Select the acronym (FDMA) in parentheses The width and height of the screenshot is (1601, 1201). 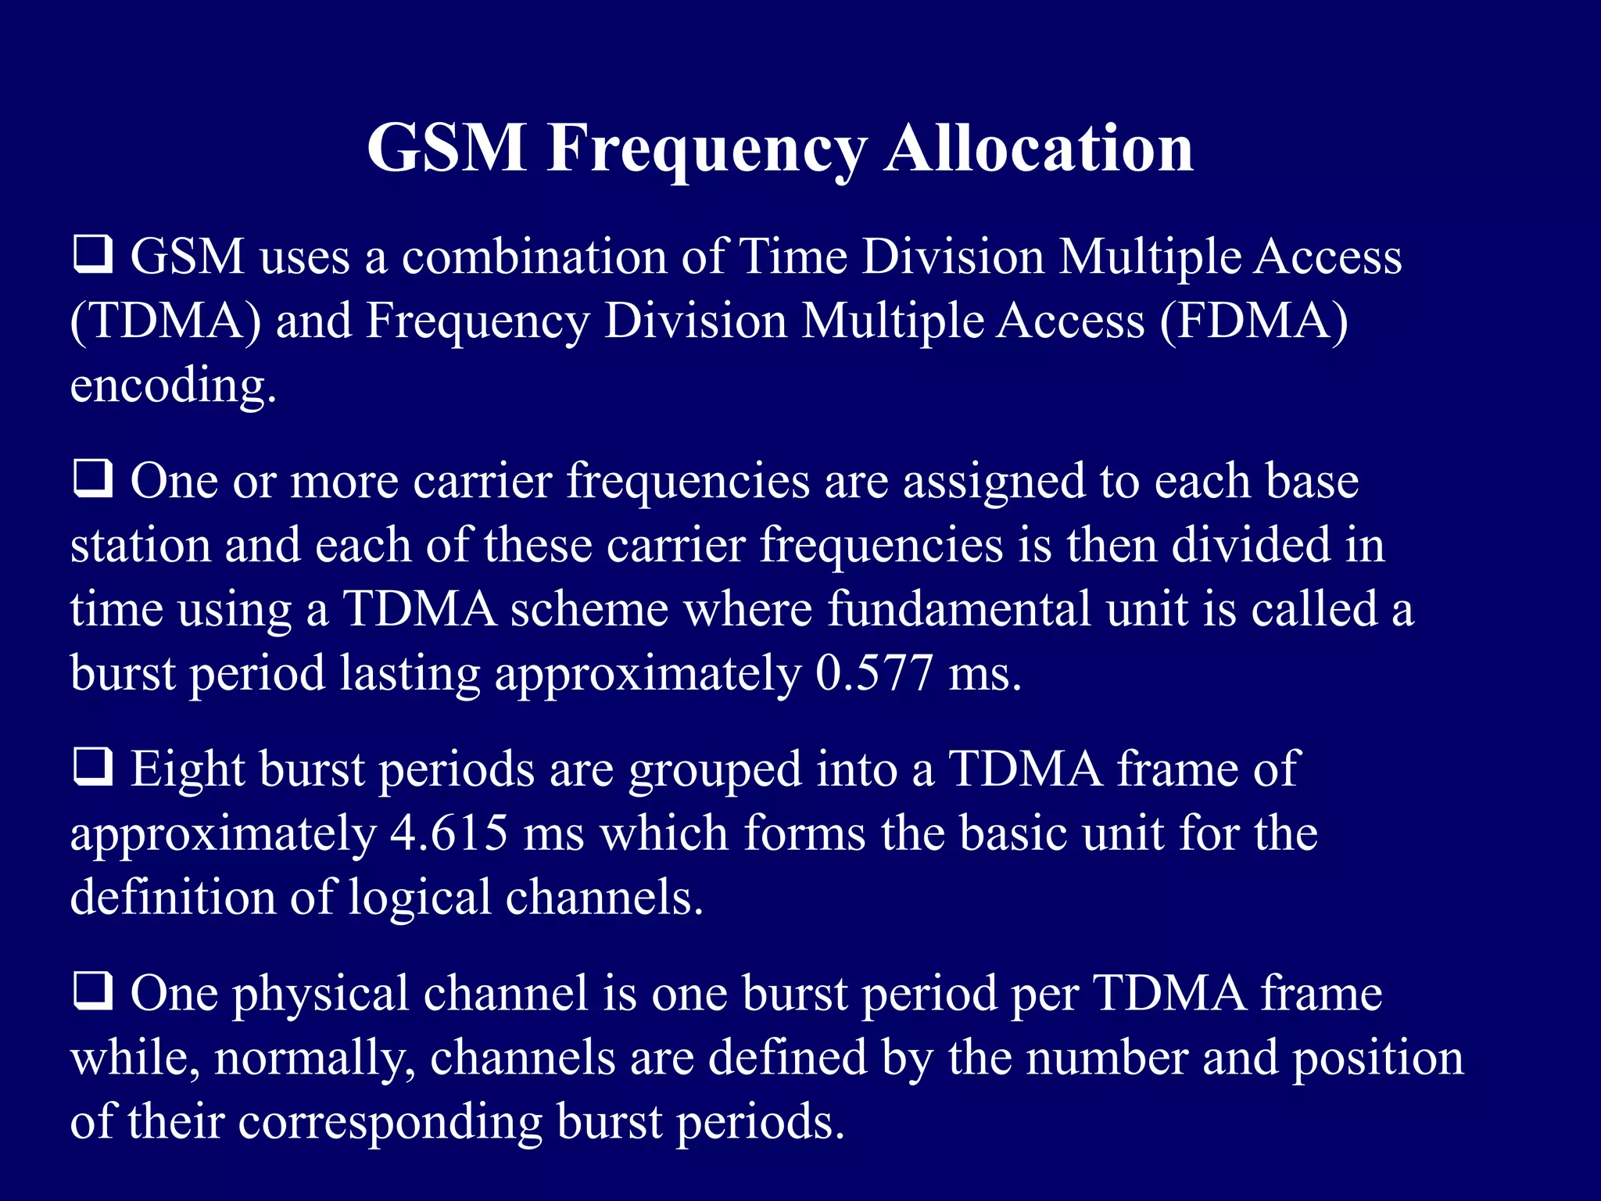pyautogui.click(x=1254, y=321)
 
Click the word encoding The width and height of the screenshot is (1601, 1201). pyautogui.click(x=173, y=386)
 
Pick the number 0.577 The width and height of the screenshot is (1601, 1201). pyautogui.click(x=874, y=673)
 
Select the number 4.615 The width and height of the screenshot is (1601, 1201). pyautogui.click(x=449, y=834)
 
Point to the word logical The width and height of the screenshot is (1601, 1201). pyautogui.click(x=420, y=898)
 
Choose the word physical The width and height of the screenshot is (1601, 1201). pyautogui.click(x=321, y=994)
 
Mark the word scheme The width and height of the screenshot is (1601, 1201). pyautogui.click(x=589, y=609)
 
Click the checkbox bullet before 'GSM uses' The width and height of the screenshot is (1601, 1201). pyautogui.click(x=93, y=256)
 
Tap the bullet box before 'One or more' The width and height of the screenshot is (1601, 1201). pyautogui.click(x=93, y=479)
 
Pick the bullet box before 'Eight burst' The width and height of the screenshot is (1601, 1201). pyautogui.click(x=93, y=768)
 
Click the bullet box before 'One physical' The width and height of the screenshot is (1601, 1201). pyautogui.click(x=93, y=992)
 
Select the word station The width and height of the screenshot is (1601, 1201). pyautogui.click(x=141, y=545)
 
